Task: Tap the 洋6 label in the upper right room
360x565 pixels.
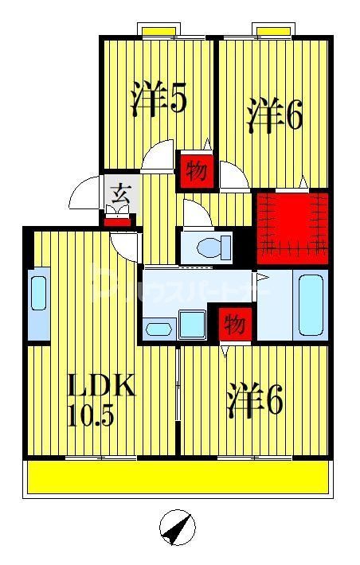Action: tap(275, 116)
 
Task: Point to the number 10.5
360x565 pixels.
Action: tap(93, 415)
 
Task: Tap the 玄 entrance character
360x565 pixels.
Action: tap(120, 193)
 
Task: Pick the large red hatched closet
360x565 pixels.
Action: tap(291, 228)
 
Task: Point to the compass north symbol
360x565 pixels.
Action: tap(179, 527)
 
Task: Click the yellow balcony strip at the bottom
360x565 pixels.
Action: tap(178, 477)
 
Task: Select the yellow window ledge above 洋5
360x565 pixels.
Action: tap(159, 30)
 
